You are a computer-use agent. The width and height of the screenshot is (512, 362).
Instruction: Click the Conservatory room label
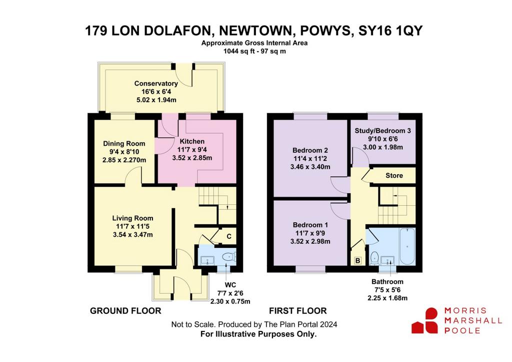pos(156,84)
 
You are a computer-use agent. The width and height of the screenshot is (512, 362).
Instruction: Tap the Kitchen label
pos(192,141)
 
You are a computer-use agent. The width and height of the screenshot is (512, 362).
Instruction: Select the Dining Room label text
pos(124,144)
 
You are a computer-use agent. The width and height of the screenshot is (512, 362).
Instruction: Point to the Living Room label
pos(132,218)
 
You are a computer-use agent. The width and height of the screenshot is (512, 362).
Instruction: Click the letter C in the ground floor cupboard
pos(229,236)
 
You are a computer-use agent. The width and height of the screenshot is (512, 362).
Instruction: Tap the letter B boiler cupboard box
pos(358,261)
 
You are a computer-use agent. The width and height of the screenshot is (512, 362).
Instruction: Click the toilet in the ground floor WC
pos(228,257)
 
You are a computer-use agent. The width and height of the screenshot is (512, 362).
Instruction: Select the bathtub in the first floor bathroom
pos(407,246)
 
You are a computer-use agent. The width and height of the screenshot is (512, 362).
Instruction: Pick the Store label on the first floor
pos(394,176)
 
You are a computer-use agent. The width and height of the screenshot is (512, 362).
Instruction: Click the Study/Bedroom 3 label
pos(382,131)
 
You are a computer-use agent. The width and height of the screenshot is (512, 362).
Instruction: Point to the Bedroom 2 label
pos(310,150)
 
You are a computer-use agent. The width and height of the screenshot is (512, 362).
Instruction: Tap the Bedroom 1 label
pos(310,225)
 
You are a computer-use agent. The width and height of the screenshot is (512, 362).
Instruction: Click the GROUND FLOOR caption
pos(125,310)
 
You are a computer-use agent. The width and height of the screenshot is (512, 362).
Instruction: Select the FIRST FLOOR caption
pos(298,310)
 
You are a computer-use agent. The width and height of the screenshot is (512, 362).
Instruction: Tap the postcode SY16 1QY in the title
pos(390,31)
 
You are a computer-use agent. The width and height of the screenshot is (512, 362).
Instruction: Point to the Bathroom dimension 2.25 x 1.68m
pos(387,298)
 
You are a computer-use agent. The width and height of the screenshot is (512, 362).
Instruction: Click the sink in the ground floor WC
pos(207,260)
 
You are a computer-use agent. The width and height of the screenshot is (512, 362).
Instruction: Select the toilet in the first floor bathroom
pos(374,257)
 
